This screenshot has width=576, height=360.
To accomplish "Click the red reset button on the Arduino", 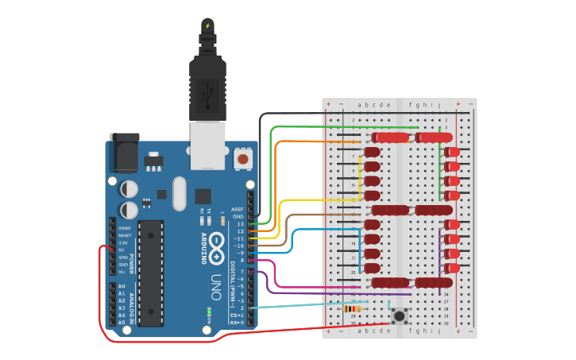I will click(x=242, y=160).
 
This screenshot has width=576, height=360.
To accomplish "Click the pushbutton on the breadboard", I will click(x=399, y=316).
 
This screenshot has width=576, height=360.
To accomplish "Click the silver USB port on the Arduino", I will click(x=207, y=145).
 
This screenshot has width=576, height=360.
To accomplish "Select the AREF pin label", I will click(x=237, y=210).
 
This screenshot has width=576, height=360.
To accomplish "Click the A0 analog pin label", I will click(x=122, y=286).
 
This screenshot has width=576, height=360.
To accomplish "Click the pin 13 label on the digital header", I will click(x=239, y=224).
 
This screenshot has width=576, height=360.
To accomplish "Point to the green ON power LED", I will click(x=209, y=311).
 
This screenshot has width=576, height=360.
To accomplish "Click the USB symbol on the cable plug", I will click(x=207, y=96).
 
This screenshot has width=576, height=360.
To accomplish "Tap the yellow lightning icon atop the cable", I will click(x=207, y=25).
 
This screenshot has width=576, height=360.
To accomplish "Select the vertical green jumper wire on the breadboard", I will click(x=441, y=163).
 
